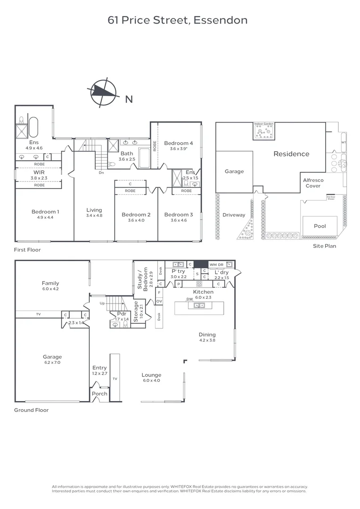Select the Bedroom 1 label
pyautogui.click(x=45, y=212)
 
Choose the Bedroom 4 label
pyautogui.click(x=179, y=143)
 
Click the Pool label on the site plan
pyautogui.click(x=320, y=226)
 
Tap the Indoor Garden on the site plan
pyautogui.click(x=264, y=131)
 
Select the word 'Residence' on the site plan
pyautogui.click(x=292, y=154)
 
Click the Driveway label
pyautogui.click(x=234, y=215)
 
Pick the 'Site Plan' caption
pyautogui.click(x=325, y=246)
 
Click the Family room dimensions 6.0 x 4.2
pyautogui.click(x=50, y=289)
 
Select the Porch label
pyautogui.click(x=99, y=394)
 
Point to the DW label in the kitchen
pyautogui.click(x=189, y=299)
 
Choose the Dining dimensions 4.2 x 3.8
pyautogui.click(x=207, y=340)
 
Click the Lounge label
pyautogui.click(x=151, y=375)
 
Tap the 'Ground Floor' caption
pyautogui.click(x=31, y=410)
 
